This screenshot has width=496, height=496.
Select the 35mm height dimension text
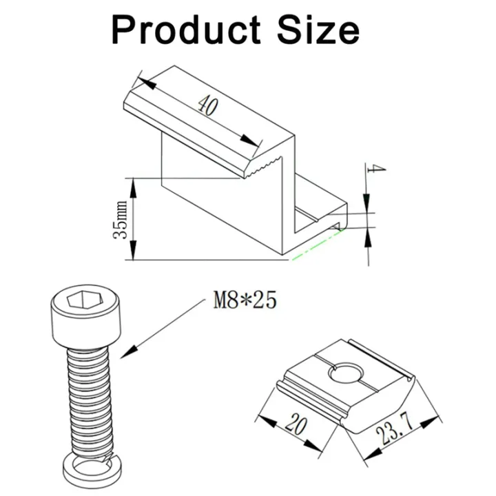coord(121,220)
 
